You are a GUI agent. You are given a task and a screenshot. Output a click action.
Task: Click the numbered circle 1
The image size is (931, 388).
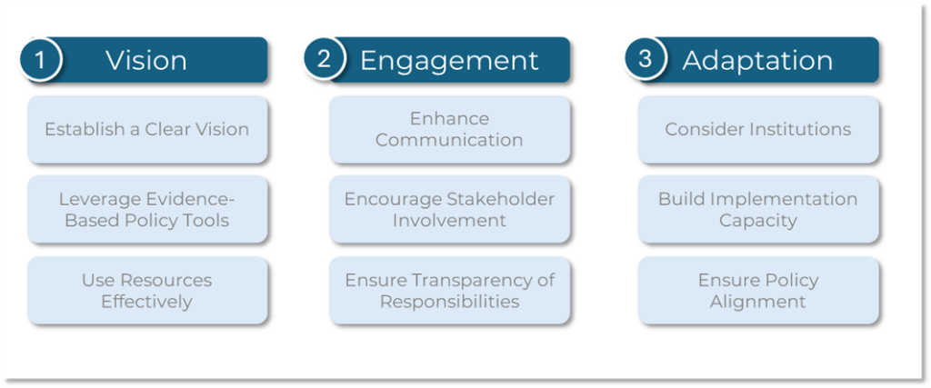pyautogui.click(x=40, y=59)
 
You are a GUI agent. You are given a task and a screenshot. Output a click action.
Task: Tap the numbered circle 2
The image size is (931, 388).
pyautogui.click(x=324, y=59)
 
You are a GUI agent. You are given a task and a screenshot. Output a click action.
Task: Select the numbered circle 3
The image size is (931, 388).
pyautogui.click(x=646, y=59)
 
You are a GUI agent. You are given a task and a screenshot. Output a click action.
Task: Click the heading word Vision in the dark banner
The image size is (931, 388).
pyautogui.click(x=146, y=61)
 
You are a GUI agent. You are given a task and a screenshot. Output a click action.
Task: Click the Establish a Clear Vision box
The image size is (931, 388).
pyautogui.click(x=147, y=129)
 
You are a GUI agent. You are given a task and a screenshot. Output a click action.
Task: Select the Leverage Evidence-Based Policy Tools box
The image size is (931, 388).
pyautogui.click(x=147, y=209)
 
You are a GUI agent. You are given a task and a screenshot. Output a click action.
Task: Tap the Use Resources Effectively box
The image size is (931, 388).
pyautogui.click(x=147, y=290)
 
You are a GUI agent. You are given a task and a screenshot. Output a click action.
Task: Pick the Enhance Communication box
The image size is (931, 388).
pyautogui.click(x=449, y=129)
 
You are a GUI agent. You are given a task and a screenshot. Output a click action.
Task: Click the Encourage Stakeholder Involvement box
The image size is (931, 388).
pyautogui.click(x=449, y=209)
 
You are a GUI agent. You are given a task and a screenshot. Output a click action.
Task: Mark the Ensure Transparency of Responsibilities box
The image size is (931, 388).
pyautogui.click(x=449, y=290)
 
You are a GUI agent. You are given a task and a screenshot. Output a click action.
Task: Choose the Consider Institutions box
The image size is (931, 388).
pyautogui.click(x=758, y=129)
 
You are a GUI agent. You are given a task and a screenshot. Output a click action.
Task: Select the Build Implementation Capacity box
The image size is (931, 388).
pyautogui.click(x=758, y=209)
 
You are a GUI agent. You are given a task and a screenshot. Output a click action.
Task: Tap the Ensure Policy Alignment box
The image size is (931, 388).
pyautogui.click(x=758, y=290)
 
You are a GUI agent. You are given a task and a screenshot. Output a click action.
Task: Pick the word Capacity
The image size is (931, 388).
pyautogui.click(x=758, y=222)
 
